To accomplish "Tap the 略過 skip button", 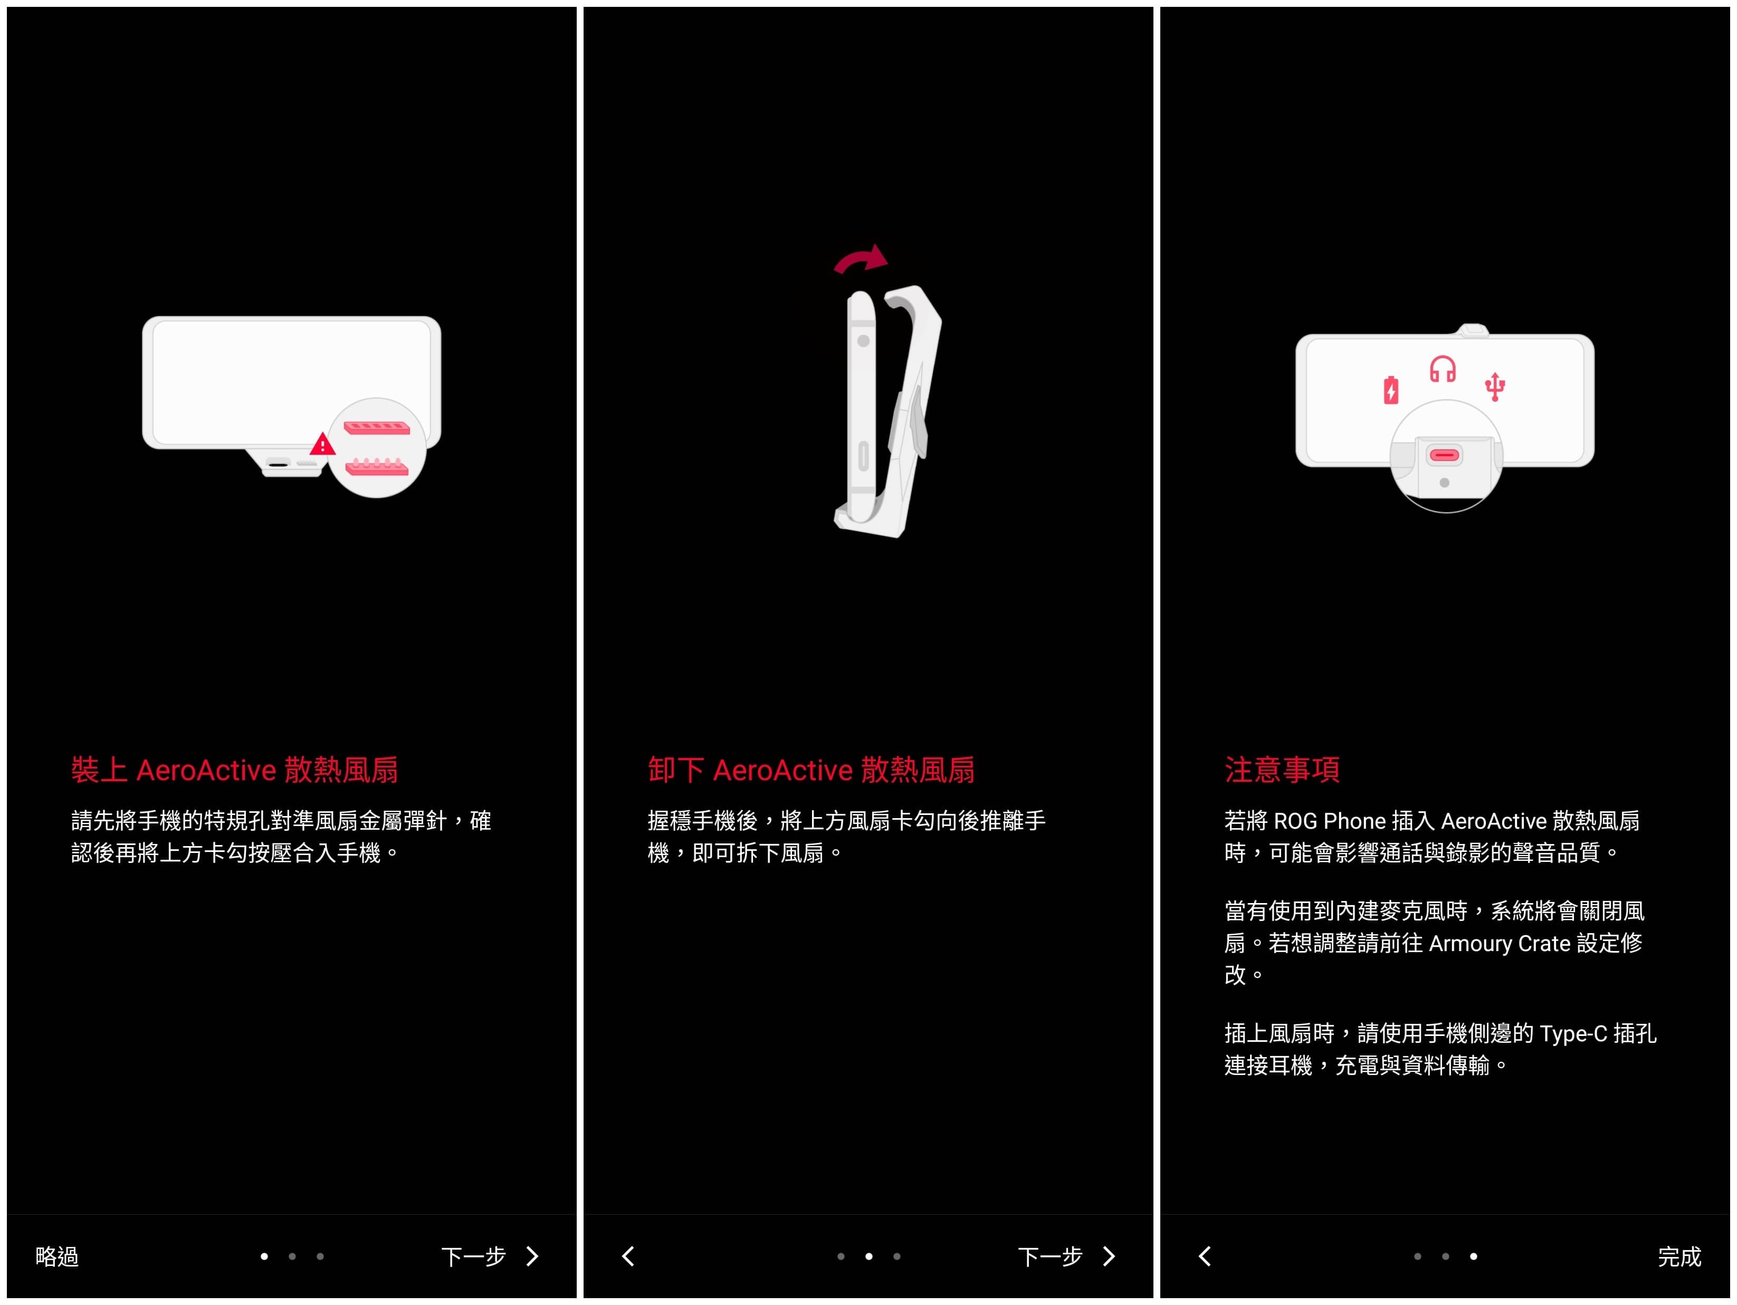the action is click(56, 1256).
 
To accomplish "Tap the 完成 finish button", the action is click(1679, 1256).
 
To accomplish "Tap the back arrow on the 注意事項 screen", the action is click(1205, 1256).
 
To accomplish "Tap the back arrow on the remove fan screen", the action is click(628, 1256).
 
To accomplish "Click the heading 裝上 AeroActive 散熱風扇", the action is click(234, 770).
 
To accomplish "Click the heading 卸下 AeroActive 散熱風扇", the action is click(811, 770).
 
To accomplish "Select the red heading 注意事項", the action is click(1282, 770).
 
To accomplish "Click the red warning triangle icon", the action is click(322, 445).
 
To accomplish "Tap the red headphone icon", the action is click(1443, 369).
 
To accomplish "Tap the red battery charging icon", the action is click(1391, 389).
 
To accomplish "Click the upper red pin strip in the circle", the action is click(377, 428).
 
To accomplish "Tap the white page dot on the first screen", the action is click(264, 1256).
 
